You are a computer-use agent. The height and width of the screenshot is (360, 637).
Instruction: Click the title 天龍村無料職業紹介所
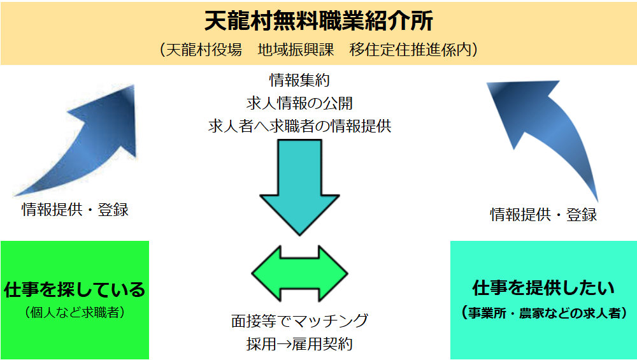(318, 21)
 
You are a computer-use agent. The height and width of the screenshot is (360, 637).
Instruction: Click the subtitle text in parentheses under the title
(318, 50)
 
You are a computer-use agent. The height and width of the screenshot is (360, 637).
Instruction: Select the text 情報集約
(299, 81)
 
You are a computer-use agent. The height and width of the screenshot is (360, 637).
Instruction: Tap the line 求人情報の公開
(299, 103)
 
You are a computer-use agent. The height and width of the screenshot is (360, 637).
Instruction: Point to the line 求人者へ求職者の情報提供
(299, 126)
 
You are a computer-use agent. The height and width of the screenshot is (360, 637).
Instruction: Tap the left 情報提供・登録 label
(75, 210)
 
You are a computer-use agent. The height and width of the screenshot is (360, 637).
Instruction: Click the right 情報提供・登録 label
(543, 215)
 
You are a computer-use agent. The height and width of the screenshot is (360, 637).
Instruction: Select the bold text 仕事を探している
(75, 290)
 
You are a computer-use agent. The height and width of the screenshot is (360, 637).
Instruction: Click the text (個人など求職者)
(75, 312)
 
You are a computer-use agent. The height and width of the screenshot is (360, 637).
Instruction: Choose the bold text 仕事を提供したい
(543, 288)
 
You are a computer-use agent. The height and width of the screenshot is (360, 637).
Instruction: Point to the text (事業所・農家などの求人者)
(543, 313)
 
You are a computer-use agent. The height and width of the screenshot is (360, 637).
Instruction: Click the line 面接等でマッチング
(299, 320)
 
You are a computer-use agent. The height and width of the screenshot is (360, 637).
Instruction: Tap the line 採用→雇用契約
(299, 344)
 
